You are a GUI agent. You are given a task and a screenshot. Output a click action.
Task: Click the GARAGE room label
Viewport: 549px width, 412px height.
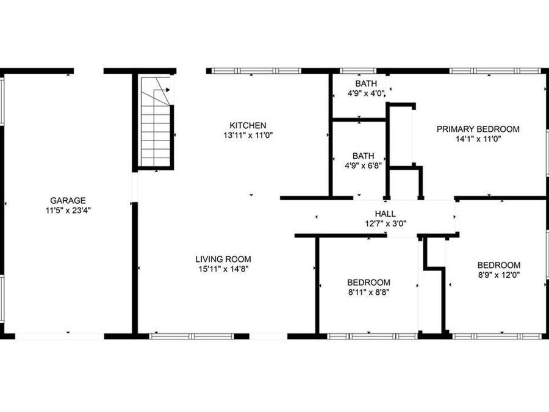tap(68, 200)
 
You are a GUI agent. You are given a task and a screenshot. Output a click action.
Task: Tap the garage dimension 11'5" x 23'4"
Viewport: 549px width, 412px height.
tap(68, 209)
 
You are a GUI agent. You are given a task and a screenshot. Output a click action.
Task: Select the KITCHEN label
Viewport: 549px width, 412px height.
tap(248, 126)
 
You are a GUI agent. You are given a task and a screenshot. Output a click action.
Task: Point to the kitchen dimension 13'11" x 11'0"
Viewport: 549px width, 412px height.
tap(248, 136)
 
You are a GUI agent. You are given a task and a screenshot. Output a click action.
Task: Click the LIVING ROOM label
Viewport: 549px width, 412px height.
tap(223, 259)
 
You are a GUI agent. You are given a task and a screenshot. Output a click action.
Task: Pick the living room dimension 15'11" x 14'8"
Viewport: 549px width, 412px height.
tap(223, 268)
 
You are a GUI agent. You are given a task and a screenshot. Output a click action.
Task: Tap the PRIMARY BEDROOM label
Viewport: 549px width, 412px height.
tap(478, 129)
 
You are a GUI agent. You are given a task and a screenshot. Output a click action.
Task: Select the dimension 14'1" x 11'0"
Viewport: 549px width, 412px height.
tap(478, 139)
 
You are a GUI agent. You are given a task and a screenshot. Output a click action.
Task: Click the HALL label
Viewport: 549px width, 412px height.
tap(385, 214)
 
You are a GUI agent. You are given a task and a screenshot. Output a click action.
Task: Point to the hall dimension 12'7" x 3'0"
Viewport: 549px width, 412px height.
tap(385, 223)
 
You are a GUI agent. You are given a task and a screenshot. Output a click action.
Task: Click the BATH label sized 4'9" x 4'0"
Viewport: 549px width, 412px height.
tap(366, 84)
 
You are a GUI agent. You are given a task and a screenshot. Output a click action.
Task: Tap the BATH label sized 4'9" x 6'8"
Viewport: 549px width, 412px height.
tap(363, 156)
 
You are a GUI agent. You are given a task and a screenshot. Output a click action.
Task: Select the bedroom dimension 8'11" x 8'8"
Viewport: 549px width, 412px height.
tap(368, 292)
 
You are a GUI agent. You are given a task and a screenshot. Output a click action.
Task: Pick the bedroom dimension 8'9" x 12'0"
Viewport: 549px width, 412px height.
tap(498, 275)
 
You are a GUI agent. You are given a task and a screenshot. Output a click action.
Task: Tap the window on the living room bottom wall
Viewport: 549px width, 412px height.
tap(191, 336)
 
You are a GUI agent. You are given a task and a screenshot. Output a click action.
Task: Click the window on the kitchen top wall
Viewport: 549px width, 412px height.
tap(256, 71)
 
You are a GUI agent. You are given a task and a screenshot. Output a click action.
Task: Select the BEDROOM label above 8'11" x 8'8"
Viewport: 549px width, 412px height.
tap(368, 282)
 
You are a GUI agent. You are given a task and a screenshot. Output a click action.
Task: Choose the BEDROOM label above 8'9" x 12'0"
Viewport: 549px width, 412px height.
tap(498, 265)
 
